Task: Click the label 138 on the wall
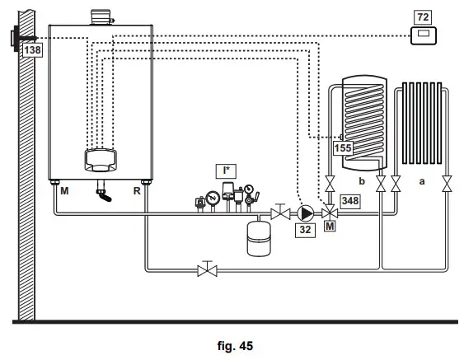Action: click(32, 50)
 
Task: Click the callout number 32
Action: click(305, 229)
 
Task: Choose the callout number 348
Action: click(349, 200)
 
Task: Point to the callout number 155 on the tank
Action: click(343, 148)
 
